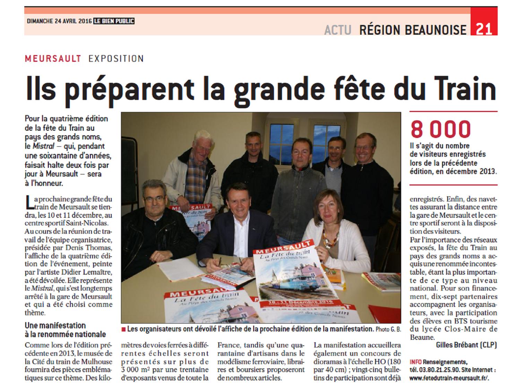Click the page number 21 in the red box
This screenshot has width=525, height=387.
point(484,29)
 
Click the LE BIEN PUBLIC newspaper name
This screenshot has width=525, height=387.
point(114,21)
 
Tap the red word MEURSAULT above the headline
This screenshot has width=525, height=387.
point(53,59)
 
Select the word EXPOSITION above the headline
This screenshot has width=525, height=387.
point(116,59)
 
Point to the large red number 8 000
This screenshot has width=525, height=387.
point(440,129)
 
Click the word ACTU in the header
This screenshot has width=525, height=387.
point(338,30)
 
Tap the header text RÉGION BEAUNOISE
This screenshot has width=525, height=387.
point(413,30)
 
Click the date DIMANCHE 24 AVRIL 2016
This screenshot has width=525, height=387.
point(59,21)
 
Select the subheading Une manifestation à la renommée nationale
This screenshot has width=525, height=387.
point(65,330)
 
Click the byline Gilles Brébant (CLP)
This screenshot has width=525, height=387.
point(466,345)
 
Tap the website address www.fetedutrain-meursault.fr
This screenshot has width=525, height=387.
point(451,379)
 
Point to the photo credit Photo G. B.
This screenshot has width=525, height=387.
point(388,329)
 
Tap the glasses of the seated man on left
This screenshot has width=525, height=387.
point(154,199)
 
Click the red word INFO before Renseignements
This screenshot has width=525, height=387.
point(416,362)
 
